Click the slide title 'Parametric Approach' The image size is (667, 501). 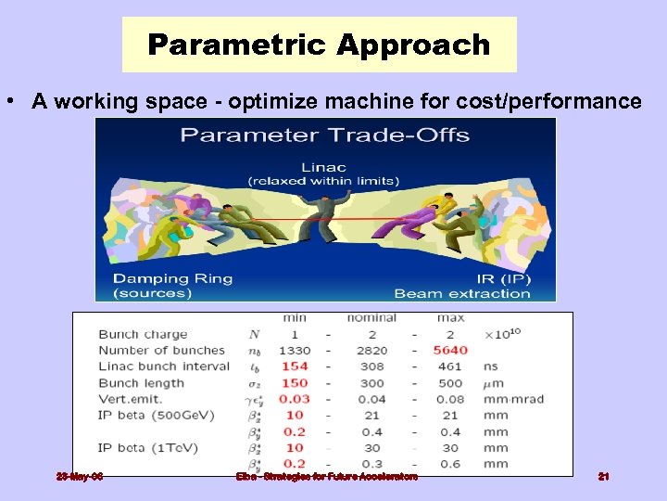click(x=319, y=45)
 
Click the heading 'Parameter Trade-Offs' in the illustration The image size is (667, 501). click(x=324, y=135)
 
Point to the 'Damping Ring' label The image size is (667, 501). click(x=173, y=277)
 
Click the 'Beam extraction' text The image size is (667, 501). click(x=462, y=293)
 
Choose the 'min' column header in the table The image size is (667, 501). click(x=295, y=318)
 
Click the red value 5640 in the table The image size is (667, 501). click(x=450, y=350)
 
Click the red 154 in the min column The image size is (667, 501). click(x=295, y=366)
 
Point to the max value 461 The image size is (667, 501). click(x=450, y=366)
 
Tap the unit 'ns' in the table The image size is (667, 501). click(x=491, y=366)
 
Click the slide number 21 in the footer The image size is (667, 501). click(x=603, y=476)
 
